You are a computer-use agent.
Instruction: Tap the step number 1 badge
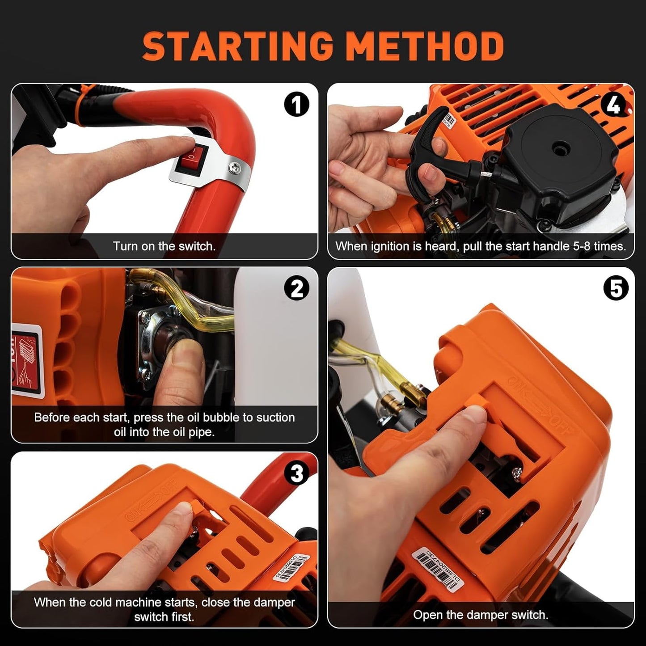point(296,105)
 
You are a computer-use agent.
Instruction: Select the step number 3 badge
point(296,473)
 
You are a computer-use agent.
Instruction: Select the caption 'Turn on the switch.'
point(164,246)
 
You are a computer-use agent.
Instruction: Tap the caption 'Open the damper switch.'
point(481,615)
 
